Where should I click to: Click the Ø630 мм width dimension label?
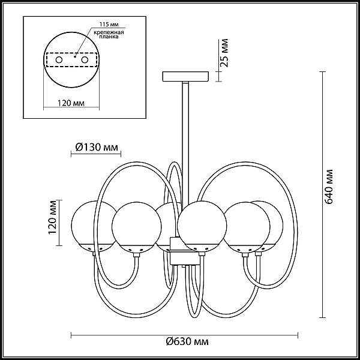pyautogui.click(x=187, y=341)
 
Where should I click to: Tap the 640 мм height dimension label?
pyautogui.click(x=329, y=187)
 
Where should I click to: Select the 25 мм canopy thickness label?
pyautogui.click(x=224, y=53)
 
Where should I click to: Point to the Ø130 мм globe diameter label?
pyautogui.click(x=97, y=147)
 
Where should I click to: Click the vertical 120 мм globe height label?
pyautogui.click(x=53, y=217)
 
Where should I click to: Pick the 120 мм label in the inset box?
pyautogui.click(x=71, y=103)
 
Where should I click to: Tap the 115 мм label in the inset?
pyautogui.click(x=109, y=25)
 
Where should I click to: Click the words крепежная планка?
pyautogui.click(x=109, y=34)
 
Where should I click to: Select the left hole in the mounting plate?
pyautogui.click(x=59, y=60)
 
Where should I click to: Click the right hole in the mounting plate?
pyautogui.click(x=85, y=60)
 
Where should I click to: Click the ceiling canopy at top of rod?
pyautogui.click(x=185, y=77)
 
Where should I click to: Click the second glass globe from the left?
pyautogui.click(x=137, y=227)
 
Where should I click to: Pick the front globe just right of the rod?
pyautogui.click(x=202, y=226)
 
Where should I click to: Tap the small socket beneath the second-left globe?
pyautogui.click(x=136, y=255)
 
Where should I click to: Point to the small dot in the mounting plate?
pyautogui.click(x=75, y=56)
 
